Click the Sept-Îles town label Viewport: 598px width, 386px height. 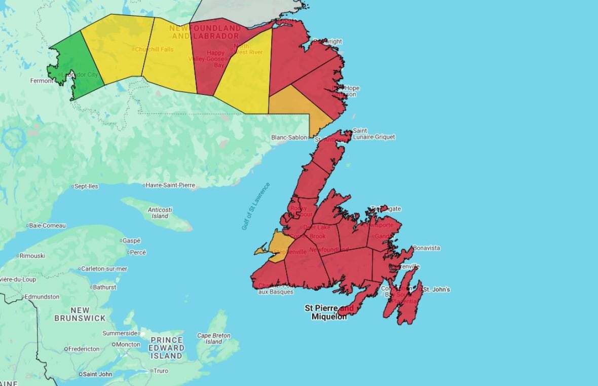tap(86, 186)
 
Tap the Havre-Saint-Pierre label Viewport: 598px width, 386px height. tap(170, 186)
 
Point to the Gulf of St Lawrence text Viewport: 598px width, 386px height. tap(256, 206)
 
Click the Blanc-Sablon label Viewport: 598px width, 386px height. tap(289, 137)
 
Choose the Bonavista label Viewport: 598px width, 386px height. tap(426, 248)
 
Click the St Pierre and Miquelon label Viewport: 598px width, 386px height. tap(329, 312)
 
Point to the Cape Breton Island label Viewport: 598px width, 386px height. tap(213, 338)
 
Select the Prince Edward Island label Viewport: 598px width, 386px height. tap(166, 348)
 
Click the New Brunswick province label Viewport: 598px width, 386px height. tap(80, 314)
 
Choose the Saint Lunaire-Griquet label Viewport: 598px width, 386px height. tap(373, 134)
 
